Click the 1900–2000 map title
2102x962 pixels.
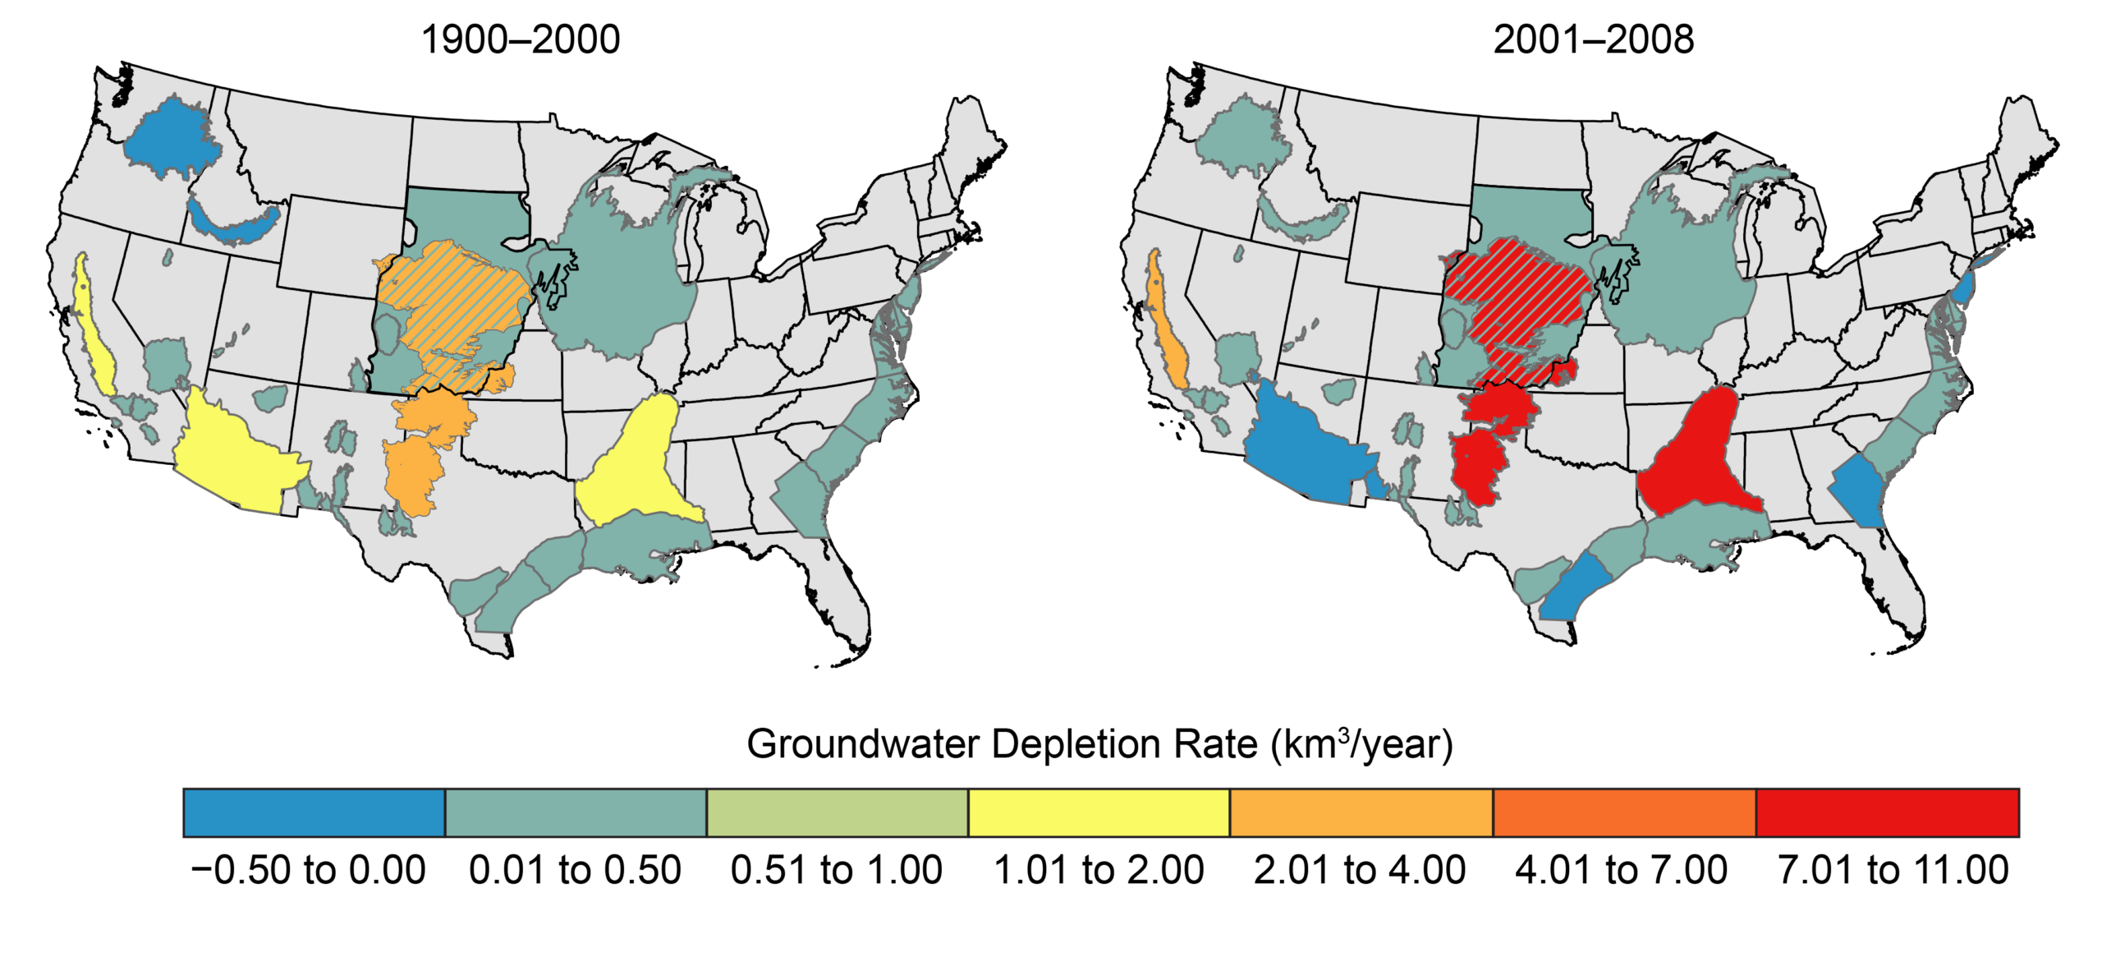(x=520, y=39)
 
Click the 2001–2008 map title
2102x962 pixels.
(x=1592, y=39)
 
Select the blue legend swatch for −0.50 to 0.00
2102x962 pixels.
(x=314, y=812)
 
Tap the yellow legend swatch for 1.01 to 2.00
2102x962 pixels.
(x=1098, y=812)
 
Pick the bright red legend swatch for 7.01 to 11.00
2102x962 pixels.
(x=1886, y=812)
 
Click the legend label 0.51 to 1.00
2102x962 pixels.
(x=836, y=870)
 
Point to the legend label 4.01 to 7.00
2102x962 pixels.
(x=1621, y=870)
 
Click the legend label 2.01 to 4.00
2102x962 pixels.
(x=1359, y=870)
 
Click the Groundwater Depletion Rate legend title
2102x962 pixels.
(x=1099, y=744)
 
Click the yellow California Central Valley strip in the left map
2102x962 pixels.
(x=96, y=337)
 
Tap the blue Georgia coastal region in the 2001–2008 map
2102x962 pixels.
(x=1858, y=493)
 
